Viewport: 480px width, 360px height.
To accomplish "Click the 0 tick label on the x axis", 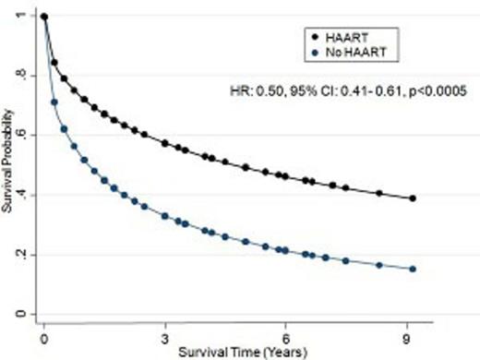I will pos(43,338).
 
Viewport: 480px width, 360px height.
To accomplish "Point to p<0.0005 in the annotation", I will pos(427,90).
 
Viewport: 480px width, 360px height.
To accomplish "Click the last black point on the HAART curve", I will pos(413,198).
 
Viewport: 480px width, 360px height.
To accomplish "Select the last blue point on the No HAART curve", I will pos(413,269).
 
